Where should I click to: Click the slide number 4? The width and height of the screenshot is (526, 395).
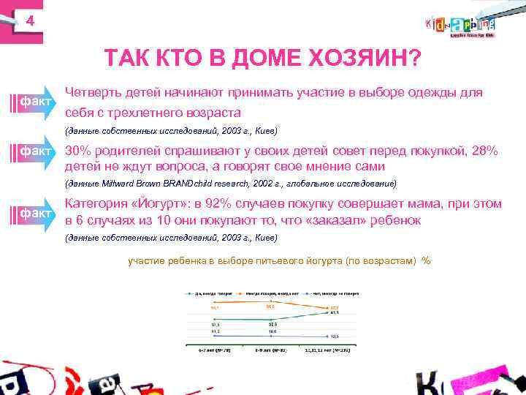coord(30,21)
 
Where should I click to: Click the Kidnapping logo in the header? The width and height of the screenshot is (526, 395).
coord(460,25)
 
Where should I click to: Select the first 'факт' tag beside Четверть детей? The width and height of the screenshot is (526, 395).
coord(35,99)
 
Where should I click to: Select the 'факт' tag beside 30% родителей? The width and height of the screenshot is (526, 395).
coord(35,151)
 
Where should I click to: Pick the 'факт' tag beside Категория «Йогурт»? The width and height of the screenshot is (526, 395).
coord(35,213)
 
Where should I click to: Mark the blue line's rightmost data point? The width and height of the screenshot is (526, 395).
coord(326,336)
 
